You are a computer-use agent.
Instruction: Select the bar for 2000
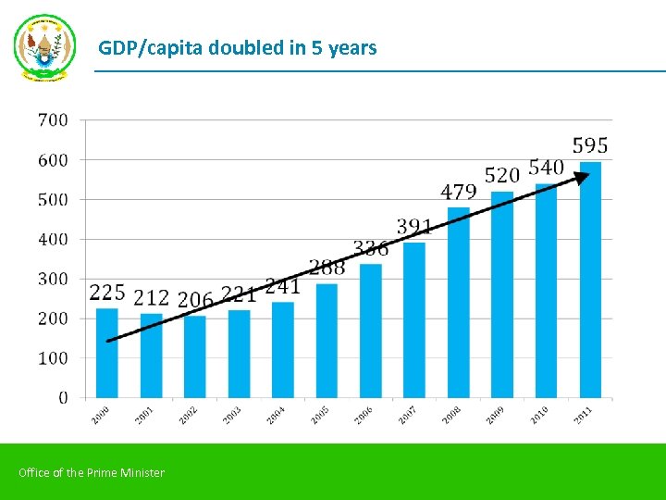(x=107, y=353)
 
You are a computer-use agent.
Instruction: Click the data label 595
(x=590, y=146)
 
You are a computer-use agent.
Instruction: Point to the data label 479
(x=459, y=192)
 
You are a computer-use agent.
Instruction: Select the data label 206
(x=195, y=300)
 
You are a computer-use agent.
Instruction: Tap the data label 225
(x=107, y=293)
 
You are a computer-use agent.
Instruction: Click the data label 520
(x=502, y=175)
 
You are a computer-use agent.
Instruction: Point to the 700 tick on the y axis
(x=53, y=119)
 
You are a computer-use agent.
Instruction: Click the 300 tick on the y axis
(x=53, y=279)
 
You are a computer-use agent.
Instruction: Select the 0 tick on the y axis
(x=63, y=397)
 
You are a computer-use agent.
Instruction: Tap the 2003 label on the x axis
(x=232, y=415)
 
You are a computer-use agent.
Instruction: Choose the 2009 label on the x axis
(x=496, y=415)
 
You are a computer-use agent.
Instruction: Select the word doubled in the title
(x=247, y=47)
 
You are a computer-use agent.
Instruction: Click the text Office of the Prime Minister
(x=92, y=473)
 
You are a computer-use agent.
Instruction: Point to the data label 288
(x=327, y=268)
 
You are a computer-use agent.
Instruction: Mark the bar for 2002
(x=195, y=356)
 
